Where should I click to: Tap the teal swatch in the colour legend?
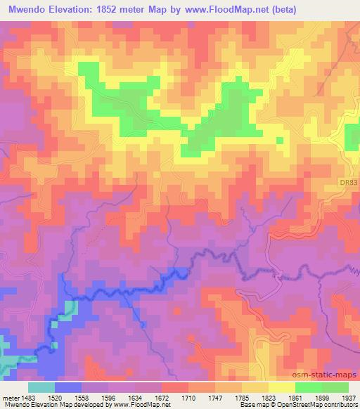click(41, 387)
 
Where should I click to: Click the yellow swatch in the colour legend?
click(281, 387)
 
